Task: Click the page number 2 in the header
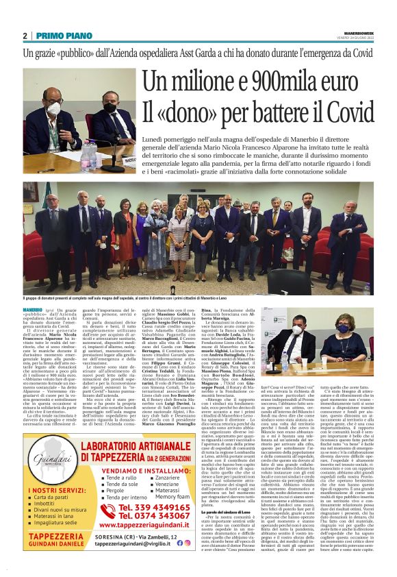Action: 25,36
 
